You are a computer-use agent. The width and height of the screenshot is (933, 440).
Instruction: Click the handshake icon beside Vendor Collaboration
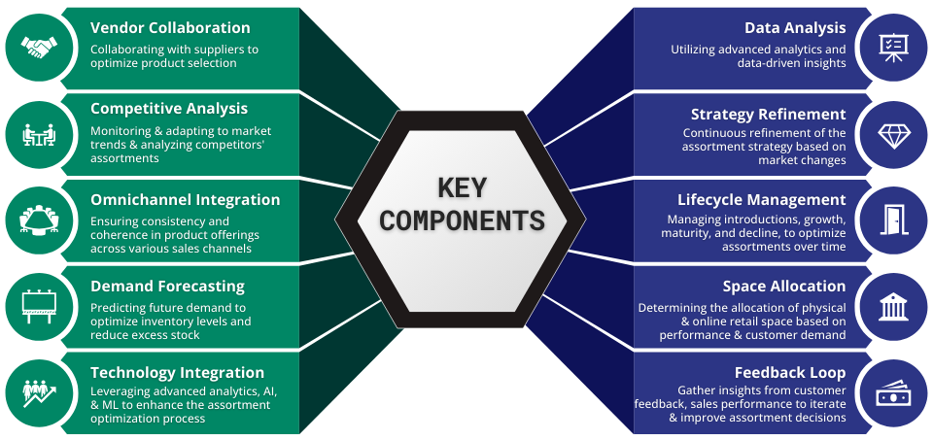[39, 48]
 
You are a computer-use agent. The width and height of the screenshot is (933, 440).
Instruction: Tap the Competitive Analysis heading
[169, 109]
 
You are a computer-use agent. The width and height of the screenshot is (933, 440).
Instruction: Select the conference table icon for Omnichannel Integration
[39, 220]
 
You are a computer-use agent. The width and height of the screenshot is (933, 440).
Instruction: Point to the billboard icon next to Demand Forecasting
[39, 306]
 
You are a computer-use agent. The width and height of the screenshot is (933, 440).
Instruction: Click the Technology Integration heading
[177, 373]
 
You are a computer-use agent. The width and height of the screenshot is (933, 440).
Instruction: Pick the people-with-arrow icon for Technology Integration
[39, 392]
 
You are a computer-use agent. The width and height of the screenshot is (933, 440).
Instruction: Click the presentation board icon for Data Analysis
[894, 48]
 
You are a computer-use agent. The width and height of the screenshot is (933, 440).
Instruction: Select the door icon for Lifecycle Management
[894, 220]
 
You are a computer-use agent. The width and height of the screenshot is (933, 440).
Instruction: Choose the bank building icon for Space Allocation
[894, 306]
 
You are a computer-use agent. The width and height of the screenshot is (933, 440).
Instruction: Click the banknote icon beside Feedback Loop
[894, 393]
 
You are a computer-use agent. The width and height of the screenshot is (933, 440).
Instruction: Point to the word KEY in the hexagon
[462, 188]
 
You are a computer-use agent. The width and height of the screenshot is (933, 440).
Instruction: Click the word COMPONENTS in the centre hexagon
[462, 220]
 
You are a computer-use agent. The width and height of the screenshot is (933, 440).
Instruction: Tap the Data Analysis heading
[795, 28]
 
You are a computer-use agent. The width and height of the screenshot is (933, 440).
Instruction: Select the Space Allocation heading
[784, 287]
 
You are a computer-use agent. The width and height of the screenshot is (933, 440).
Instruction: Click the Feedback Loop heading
[790, 373]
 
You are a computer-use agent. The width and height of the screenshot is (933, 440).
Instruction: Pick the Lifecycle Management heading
[762, 200]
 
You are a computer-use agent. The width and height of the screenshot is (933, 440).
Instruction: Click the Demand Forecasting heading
[167, 287]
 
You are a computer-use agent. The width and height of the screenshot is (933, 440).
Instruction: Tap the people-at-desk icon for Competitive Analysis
[39, 134]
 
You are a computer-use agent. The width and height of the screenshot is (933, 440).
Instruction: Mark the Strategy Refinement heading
[768, 115]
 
